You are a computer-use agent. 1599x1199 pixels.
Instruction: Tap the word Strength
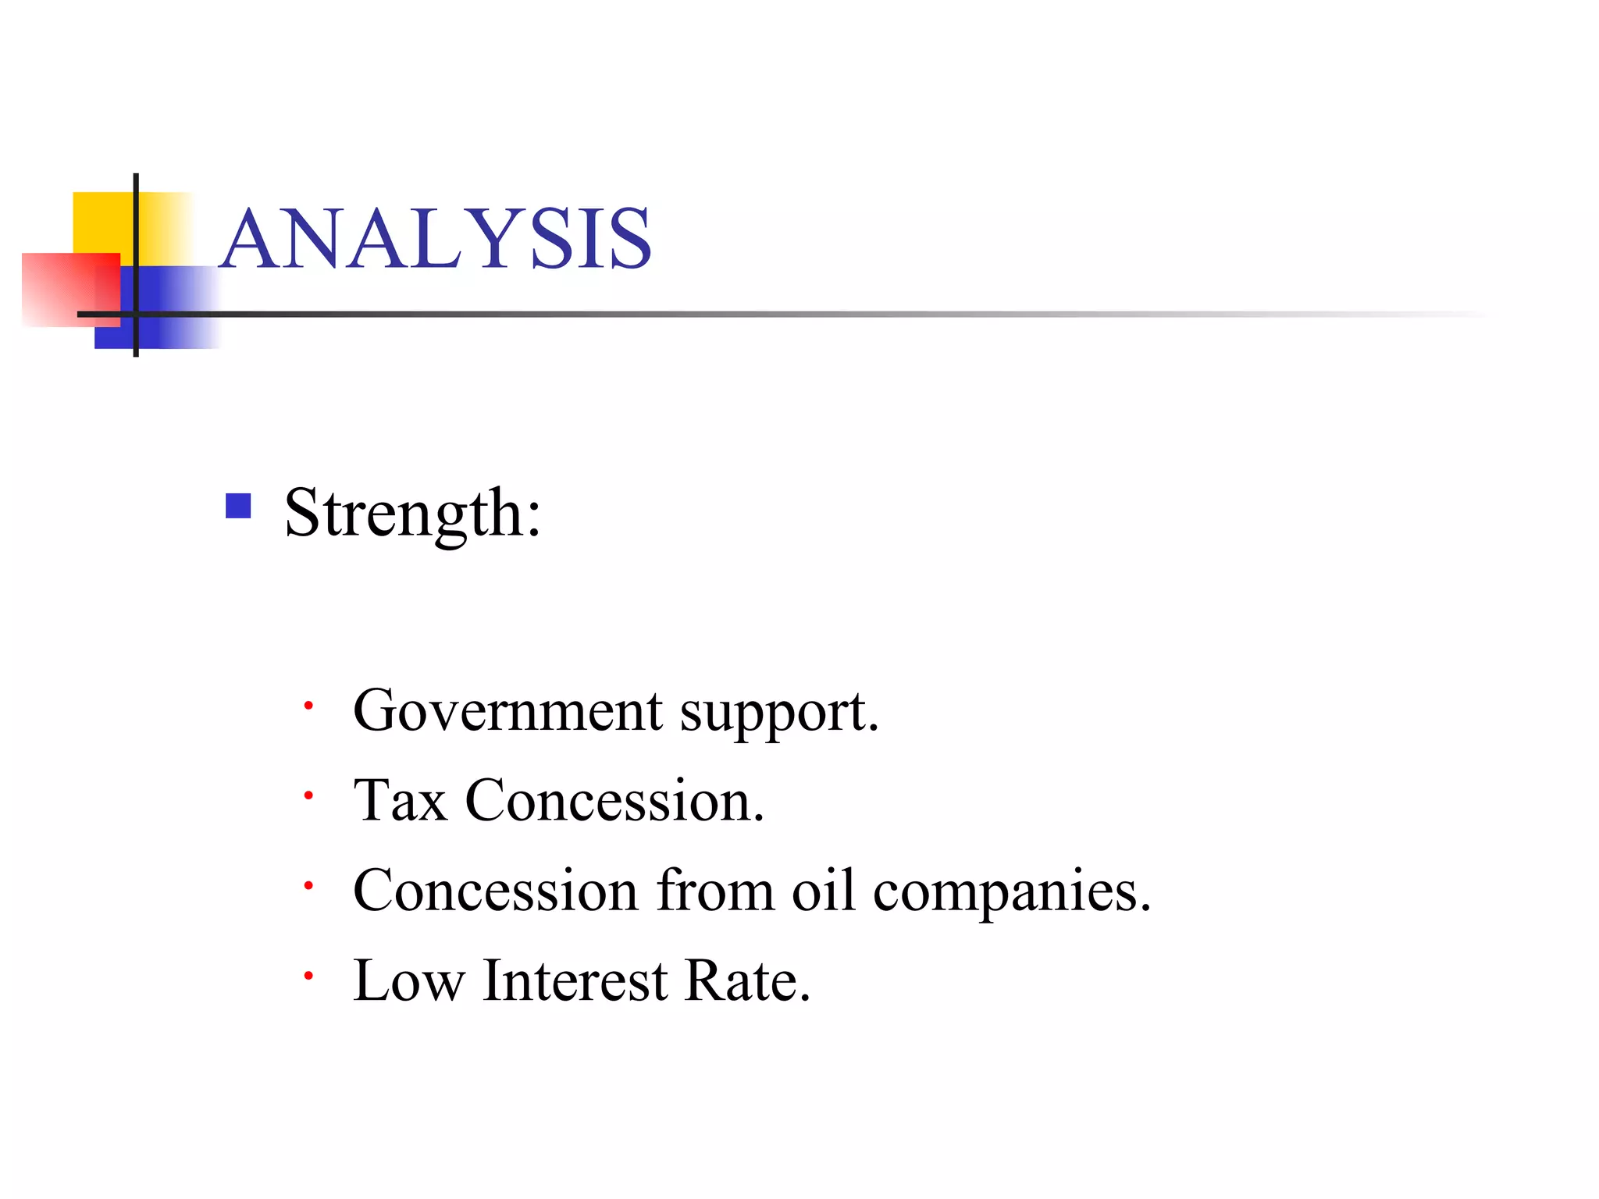coord(411,513)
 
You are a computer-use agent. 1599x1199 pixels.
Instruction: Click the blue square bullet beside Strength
coord(238,506)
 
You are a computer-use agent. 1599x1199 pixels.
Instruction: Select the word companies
coord(1011,891)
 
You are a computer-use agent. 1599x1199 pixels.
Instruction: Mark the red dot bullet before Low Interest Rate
coord(308,976)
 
